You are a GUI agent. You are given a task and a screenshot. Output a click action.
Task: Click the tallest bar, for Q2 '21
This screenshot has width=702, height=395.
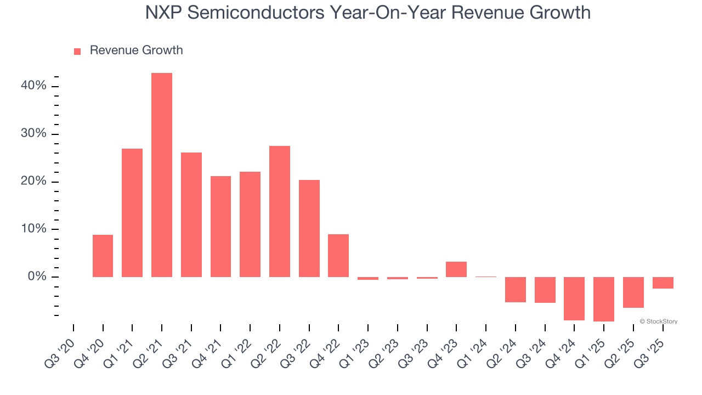162,175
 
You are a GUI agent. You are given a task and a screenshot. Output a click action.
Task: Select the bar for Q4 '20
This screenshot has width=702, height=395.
103,256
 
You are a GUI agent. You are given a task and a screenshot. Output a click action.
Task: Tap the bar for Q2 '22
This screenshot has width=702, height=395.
280,211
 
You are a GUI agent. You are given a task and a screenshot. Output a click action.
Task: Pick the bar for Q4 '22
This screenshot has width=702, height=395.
338,256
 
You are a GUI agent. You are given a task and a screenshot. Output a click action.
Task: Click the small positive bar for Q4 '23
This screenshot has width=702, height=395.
456,269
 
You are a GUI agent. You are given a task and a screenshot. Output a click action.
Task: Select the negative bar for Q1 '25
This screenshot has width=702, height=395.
604,299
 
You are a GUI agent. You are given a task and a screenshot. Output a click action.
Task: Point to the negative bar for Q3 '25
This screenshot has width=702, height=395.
663,283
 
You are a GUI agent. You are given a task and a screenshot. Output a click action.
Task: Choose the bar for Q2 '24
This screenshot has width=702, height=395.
516,290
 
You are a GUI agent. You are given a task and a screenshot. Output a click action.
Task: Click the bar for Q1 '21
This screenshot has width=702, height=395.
132,213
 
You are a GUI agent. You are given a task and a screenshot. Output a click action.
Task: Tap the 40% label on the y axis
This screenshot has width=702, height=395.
34,87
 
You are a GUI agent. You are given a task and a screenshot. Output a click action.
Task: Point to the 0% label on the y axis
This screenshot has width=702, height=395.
37,277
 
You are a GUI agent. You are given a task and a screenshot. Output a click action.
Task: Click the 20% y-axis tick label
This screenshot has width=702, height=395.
34,182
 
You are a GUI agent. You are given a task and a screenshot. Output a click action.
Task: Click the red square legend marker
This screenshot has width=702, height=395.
77,52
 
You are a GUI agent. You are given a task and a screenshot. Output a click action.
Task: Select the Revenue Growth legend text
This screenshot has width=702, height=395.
136,50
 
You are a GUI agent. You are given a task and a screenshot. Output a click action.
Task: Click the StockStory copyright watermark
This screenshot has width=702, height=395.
659,321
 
